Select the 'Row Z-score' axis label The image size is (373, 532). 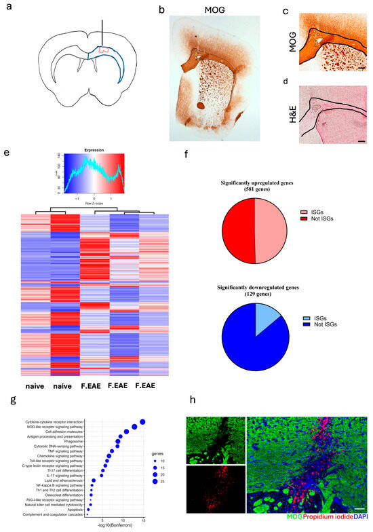pos(94,202)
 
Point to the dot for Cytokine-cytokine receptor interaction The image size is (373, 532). pos(143,422)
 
